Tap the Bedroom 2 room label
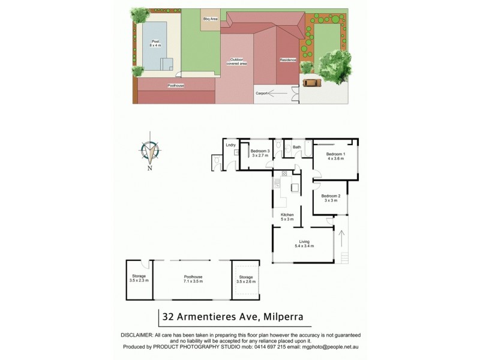coord(331,199)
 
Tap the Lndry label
coord(230,145)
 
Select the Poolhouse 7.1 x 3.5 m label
coord(193,279)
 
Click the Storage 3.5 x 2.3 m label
coord(139,278)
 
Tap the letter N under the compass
coord(150,169)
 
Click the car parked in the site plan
coord(311,83)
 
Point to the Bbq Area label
coord(209,19)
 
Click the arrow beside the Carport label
coord(278,94)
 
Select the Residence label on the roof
coord(288,60)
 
